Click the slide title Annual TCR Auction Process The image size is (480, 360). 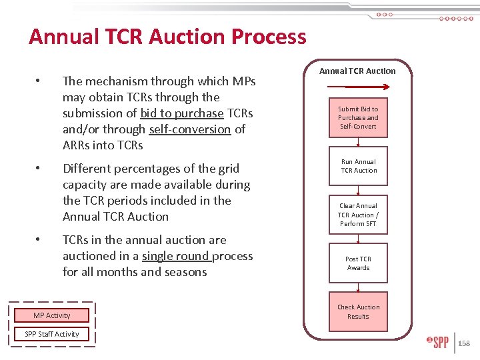coord(167,36)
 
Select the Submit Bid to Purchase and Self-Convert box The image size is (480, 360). coord(358,117)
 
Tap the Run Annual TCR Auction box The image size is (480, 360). coord(358,166)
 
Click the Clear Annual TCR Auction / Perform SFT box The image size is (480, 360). coord(358,215)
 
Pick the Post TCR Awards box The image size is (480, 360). coord(358,263)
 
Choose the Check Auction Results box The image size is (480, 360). coord(358,311)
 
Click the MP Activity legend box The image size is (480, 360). coord(52,315)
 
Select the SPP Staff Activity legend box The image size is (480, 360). coord(52,334)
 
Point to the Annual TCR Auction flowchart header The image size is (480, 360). coord(357,71)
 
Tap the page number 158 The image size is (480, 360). coord(464,344)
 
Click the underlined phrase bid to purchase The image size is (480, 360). coord(182,113)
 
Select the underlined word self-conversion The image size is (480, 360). coord(190,129)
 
